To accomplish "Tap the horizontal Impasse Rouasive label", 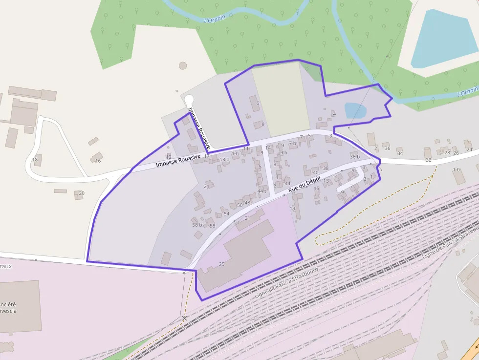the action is coord(178,160).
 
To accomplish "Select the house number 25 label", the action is coord(221,264).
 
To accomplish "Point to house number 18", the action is coord(35,160).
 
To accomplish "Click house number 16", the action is coord(98,161).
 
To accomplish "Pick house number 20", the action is coord(82,193).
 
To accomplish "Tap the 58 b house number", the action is coord(197,225).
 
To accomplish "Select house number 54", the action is coord(226,214).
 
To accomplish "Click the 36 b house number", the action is coord(355,157).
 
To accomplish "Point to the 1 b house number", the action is coord(457,170).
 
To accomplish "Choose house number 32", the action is coord(429,160).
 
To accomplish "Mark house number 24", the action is coord(469,149).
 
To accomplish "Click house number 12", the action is coord(169,157).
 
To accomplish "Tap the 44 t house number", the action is coord(262,191).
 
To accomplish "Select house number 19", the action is coord(293,209).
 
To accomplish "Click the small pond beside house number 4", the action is coord(354,110).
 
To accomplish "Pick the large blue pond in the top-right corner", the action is coord(443,39).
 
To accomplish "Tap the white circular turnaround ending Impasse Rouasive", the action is coord(189,98).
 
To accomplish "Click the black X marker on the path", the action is coord(184,318).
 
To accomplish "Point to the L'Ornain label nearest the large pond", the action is coord(467,91).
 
